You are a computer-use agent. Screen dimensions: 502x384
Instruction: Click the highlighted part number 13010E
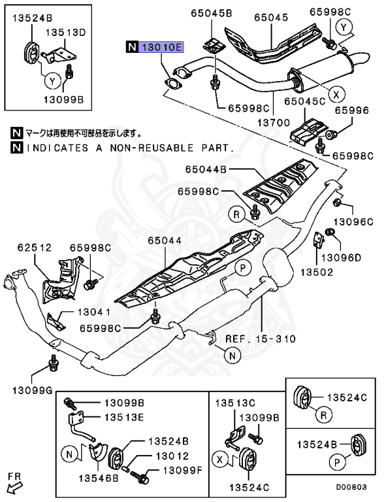coord(161,47)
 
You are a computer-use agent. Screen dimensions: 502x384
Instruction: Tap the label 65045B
coord(211,12)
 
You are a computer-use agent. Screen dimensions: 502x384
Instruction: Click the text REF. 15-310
coord(260,339)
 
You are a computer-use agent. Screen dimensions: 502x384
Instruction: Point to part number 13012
coord(171,456)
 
